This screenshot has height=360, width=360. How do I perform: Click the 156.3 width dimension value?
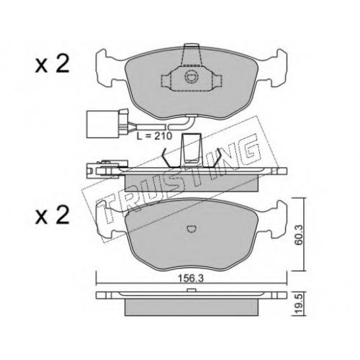pyautogui.click(x=191, y=279)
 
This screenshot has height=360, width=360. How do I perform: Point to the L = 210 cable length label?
pyautogui.click(x=154, y=136)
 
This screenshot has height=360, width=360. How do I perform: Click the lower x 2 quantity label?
pyautogui.click(x=53, y=215)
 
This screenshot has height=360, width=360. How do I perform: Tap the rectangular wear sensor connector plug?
pyautogui.click(x=103, y=125)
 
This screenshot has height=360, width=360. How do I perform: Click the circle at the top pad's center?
pyautogui.click(x=192, y=77)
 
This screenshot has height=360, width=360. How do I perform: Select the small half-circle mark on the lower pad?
pyautogui.click(x=192, y=229)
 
